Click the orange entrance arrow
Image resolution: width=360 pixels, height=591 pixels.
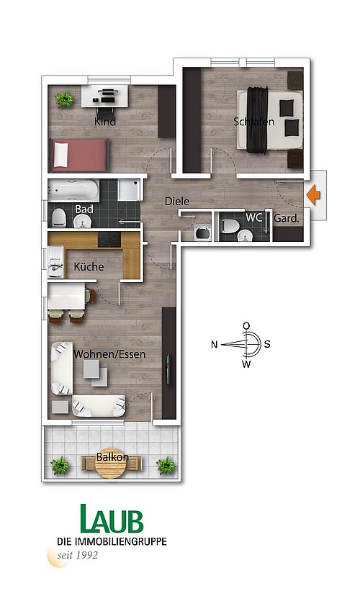tap(313, 195)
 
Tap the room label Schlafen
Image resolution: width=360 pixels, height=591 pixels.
tap(253, 122)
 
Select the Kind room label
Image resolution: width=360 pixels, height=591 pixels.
tap(105, 122)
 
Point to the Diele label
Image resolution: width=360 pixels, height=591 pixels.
tap(177, 201)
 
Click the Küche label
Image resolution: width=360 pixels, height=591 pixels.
tap(89, 266)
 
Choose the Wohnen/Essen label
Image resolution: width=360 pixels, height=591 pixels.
tap(109, 354)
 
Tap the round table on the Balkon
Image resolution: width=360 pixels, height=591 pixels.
tap(111, 464)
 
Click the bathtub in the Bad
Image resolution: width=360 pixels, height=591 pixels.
tap(73, 190)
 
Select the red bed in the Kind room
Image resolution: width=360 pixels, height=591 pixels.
tap(79, 155)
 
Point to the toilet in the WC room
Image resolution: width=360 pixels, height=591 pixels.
tap(230, 226)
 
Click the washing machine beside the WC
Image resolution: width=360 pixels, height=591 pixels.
tap(203, 232)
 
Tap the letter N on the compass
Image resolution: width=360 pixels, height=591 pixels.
tap(214, 344)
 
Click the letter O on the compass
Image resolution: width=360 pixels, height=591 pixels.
tap(246, 325)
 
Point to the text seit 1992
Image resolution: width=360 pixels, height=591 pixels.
tap(77, 555)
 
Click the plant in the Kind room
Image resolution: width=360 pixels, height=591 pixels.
tap(65, 99)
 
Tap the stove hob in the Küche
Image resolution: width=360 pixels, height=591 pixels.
tap(109, 239)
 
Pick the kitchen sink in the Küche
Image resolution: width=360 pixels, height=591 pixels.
tap(55, 262)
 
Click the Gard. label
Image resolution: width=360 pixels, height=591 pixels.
tap(287, 218)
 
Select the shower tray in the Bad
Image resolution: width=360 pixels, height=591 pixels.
tap(129, 190)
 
